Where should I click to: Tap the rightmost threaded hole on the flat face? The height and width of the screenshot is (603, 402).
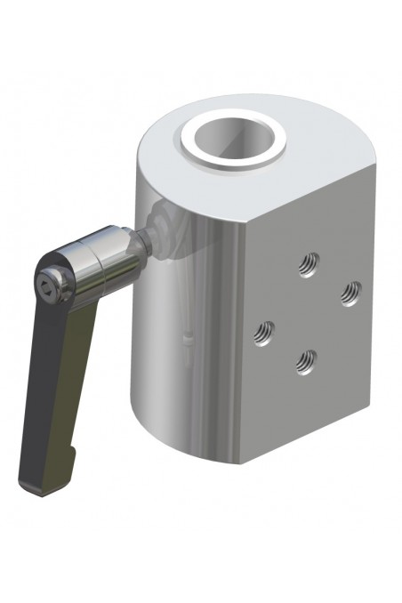tap(351, 292)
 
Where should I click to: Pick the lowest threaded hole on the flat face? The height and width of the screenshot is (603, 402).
tap(306, 360)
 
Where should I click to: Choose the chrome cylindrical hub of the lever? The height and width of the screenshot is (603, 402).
tap(98, 258)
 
